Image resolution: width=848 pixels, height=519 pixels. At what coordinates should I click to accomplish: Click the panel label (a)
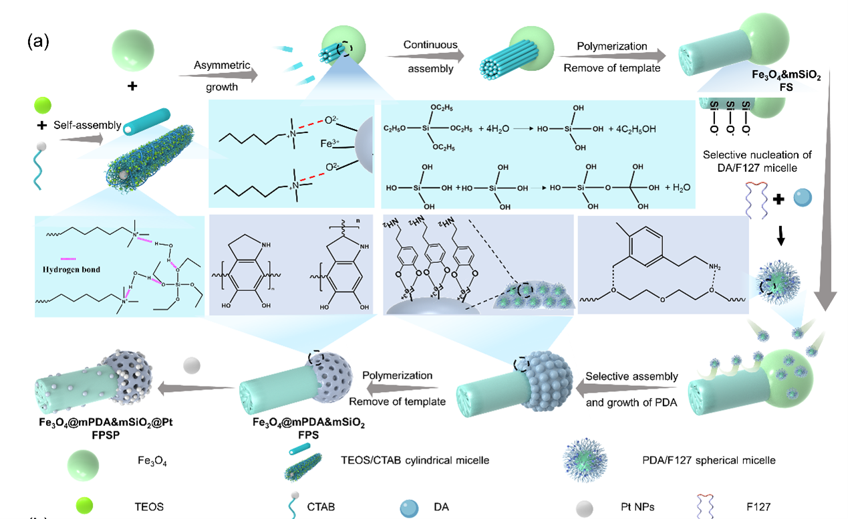(38, 41)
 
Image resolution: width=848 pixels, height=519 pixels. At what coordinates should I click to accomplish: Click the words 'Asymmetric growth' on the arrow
(221, 76)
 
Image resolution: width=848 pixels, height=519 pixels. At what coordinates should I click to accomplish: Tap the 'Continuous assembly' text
(430, 56)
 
